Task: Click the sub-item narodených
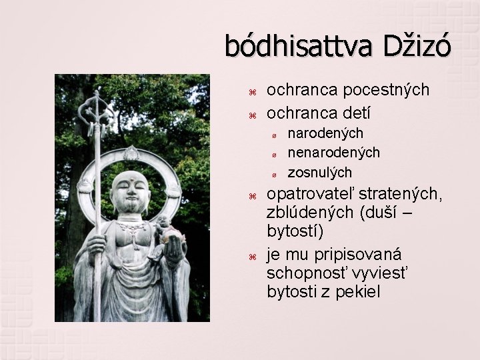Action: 325,134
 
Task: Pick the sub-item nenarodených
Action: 333,153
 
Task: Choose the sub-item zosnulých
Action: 319,172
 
